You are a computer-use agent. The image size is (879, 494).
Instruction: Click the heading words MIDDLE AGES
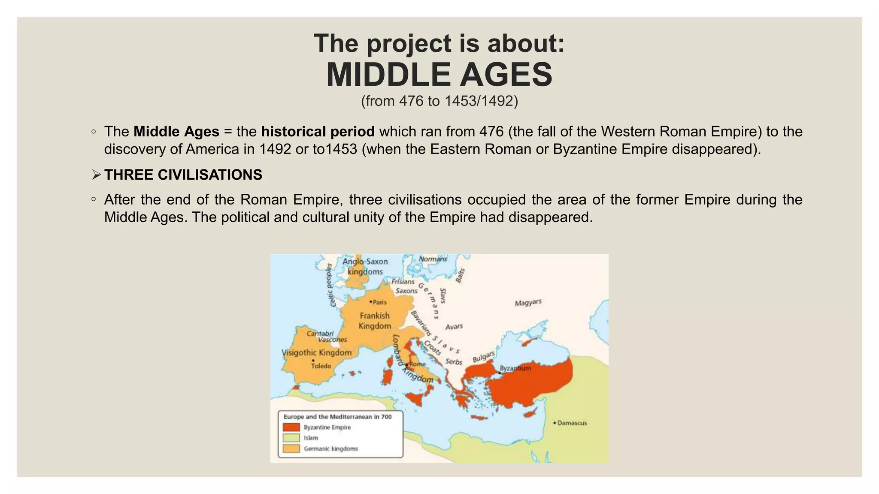pos(439,75)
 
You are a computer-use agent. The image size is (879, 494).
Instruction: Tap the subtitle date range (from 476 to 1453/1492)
pos(439,101)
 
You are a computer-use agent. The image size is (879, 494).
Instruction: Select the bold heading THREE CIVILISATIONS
pos(183,175)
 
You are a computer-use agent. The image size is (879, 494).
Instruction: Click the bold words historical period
pos(318,131)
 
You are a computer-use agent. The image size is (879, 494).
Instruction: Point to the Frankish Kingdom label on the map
pos(375,321)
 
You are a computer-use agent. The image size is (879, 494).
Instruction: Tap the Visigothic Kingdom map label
pos(316,352)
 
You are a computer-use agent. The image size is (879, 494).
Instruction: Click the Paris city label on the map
pos(379,302)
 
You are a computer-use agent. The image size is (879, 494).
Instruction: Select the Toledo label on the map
pos(321,366)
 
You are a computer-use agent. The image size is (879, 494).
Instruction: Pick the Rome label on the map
pos(417,364)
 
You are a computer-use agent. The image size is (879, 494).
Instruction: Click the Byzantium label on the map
pos(515,368)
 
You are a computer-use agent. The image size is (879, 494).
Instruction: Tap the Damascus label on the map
pos(572,423)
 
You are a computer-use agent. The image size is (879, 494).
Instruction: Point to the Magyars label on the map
pos(528,303)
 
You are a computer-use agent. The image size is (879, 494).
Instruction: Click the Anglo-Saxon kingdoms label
pos(365,266)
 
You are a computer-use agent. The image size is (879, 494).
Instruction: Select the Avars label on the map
pos(454,327)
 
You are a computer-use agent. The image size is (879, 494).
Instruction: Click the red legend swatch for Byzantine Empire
pos(291,428)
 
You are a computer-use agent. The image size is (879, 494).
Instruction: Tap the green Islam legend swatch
pos(291,438)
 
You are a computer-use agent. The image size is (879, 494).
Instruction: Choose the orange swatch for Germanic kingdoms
pos(291,449)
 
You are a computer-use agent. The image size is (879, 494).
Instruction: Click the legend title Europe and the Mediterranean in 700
pos(337,417)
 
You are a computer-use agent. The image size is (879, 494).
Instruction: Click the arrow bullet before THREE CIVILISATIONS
pos(96,175)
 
